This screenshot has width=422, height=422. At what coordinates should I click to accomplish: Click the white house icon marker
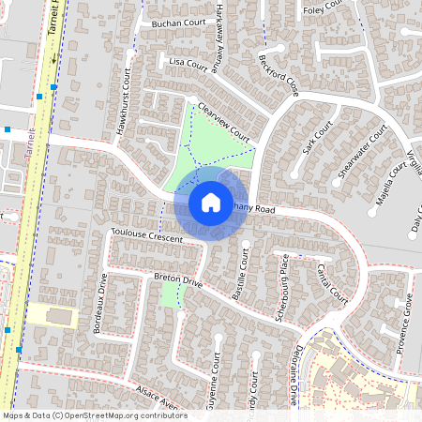(x=210, y=202)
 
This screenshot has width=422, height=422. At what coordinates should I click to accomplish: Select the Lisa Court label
(x=188, y=63)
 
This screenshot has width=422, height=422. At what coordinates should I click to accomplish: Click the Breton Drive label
(x=178, y=279)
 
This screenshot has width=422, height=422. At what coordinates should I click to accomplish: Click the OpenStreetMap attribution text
(x=94, y=414)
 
